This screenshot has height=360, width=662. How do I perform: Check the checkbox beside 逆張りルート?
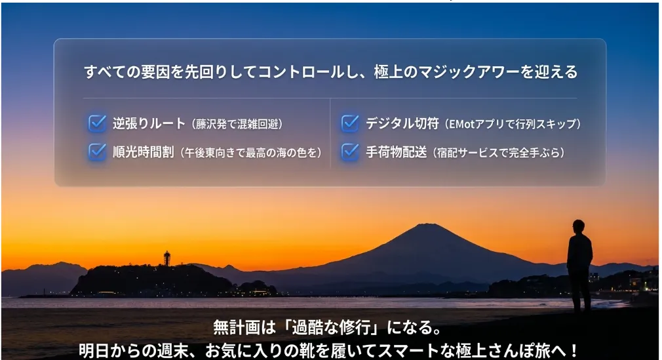coord(97,123)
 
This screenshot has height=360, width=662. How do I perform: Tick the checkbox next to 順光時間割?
coord(97,151)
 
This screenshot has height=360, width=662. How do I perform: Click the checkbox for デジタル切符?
coord(350,123)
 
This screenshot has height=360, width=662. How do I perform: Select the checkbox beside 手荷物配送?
coord(350,151)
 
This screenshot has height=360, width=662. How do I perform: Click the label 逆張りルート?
coord(149,123)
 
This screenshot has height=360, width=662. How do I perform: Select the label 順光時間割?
coord(143,151)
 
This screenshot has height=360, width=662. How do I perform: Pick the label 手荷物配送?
coord(396,151)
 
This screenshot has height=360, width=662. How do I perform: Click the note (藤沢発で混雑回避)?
coord(237,124)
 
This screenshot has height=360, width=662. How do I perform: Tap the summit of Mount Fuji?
coord(427,225)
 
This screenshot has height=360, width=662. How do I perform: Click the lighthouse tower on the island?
coord(167,258)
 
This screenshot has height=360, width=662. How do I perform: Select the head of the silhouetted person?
coord(578,226)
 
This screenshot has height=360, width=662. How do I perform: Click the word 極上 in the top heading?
coord(389,72)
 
